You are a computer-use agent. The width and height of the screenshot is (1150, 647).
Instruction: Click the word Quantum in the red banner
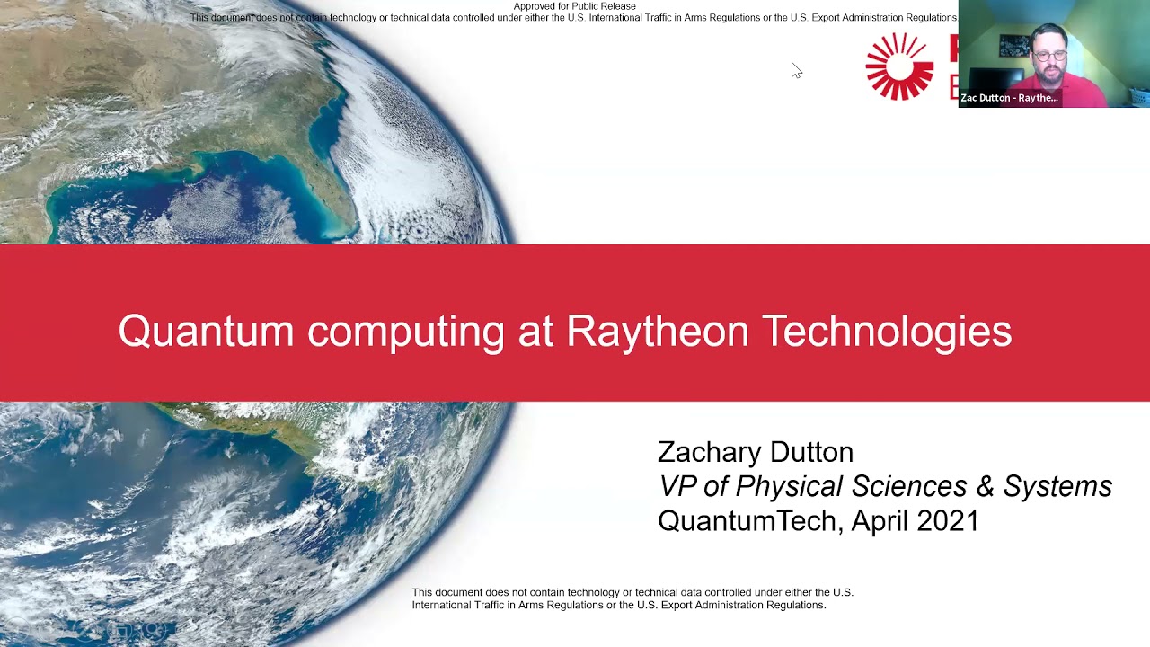pyautogui.click(x=206, y=332)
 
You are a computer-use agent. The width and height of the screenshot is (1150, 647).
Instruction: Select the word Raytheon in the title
pyautogui.click(x=657, y=332)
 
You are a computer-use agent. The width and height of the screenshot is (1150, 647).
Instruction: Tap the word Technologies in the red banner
pyautogui.click(x=887, y=332)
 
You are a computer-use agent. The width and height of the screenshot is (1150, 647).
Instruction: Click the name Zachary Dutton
pyautogui.click(x=755, y=452)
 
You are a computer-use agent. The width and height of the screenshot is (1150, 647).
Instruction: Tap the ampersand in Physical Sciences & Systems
pyautogui.click(x=985, y=486)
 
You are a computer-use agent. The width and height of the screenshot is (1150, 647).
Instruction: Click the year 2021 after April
pyautogui.click(x=947, y=521)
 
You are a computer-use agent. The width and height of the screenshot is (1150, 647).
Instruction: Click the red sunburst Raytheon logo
pyautogui.click(x=899, y=66)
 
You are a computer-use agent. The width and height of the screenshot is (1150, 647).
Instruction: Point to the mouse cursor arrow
pyautogui.click(x=795, y=70)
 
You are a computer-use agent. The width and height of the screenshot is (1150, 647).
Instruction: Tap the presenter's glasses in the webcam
pyautogui.click(x=1048, y=55)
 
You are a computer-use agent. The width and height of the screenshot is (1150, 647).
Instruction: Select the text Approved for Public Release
pyautogui.click(x=574, y=6)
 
